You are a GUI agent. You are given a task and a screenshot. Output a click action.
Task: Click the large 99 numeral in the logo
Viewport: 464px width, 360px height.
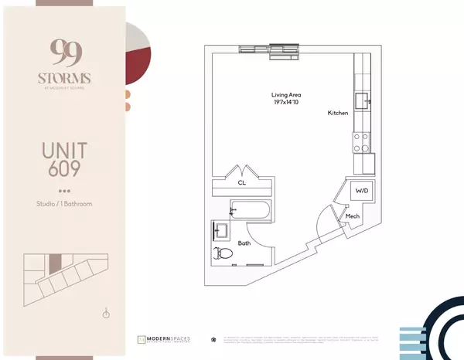tap(62, 53)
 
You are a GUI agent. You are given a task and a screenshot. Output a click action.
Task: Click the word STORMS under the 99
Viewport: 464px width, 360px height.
tap(62, 77)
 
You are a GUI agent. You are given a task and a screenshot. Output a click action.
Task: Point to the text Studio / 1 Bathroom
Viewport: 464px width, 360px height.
tap(62, 204)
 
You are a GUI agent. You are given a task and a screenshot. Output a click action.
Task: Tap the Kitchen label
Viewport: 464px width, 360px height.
tap(338, 114)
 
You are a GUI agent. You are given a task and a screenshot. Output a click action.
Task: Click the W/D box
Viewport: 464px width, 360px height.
tap(361, 190)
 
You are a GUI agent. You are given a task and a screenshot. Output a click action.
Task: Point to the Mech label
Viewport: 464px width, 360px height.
tap(353, 216)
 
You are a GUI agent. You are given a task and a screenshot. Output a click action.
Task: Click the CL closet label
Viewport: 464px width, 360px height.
tap(242, 184)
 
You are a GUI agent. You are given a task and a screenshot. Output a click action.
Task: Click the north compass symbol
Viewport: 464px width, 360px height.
tap(106, 313)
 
